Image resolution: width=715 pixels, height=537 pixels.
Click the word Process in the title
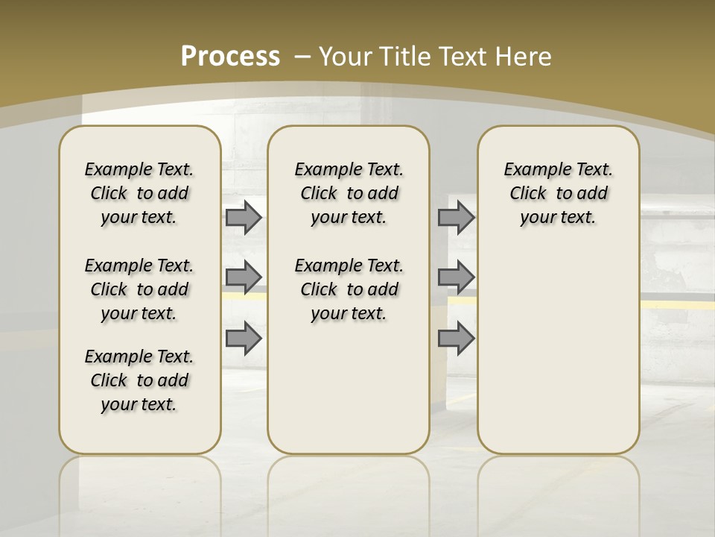point(230,56)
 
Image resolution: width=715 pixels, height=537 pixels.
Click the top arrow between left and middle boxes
point(243,217)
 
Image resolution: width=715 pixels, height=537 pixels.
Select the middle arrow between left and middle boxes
point(243,277)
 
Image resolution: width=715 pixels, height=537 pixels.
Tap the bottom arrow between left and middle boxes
point(243,338)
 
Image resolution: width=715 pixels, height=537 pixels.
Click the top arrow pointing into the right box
point(456,217)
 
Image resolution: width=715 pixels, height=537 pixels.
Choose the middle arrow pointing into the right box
point(456,277)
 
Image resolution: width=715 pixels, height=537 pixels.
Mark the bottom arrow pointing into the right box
point(456,338)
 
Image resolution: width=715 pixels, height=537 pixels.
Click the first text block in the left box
point(139,193)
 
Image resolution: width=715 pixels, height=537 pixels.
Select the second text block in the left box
point(139,289)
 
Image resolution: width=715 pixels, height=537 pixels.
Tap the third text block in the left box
point(139,380)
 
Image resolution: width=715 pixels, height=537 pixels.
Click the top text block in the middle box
point(349,193)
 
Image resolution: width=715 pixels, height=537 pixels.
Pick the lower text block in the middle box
point(349,289)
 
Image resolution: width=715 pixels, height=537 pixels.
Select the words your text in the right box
point(558,217)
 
